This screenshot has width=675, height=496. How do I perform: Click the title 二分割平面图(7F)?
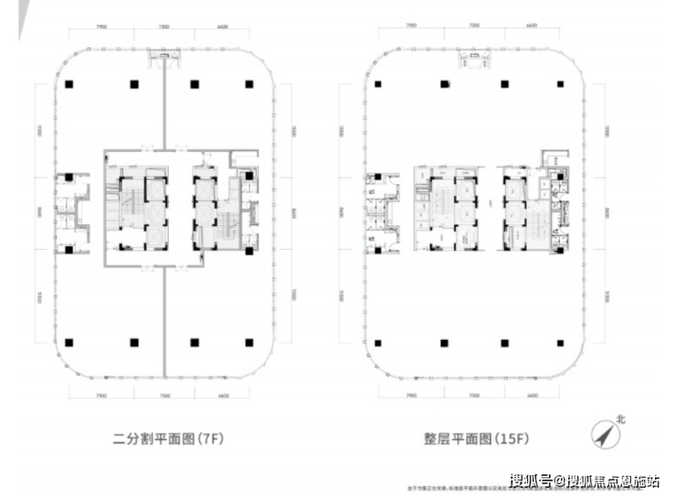point(168,438)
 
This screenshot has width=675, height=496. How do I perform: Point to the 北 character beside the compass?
point(622,421)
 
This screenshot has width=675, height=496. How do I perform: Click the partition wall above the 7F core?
point(164,109)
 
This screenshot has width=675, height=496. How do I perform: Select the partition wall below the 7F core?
point(164,319)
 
